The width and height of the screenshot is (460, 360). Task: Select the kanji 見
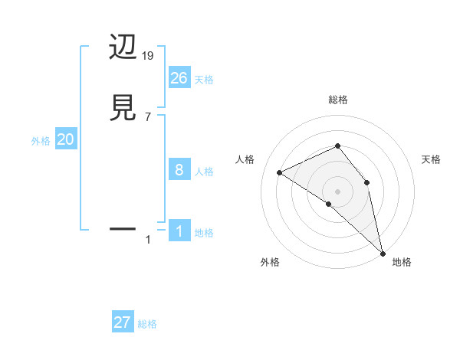click(x=123, y=107)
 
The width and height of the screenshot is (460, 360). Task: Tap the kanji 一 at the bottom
click(x=123, y=228)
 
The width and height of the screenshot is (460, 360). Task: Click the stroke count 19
click(x=149, y=56)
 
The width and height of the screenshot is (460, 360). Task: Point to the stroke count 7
click(x=148, y=116)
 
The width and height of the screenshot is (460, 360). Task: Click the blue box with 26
click(x=179, y=77)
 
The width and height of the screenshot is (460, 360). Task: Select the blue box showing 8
click(x=179, y=169)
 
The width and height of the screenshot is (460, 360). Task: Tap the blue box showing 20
click(x=66, y=139)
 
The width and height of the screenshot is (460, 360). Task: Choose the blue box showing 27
click(x=123, y=322)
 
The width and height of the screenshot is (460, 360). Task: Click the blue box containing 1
click(x=179, y=231)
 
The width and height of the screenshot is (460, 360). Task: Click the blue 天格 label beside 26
click(x=204, y=80)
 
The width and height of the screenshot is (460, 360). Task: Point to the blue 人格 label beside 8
click(x=204, y=172)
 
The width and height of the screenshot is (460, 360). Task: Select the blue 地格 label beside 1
click(x=204, y=233)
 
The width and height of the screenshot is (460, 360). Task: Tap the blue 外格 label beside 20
click(x=41, y=142)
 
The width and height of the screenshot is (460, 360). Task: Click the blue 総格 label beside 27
click(x=147, y=325)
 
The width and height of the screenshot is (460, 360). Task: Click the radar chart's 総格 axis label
click(x=338, y=100)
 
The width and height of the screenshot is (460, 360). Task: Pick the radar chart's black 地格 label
click(x=402, y=262)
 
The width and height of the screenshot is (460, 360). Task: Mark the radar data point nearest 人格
click(x=280, y=172)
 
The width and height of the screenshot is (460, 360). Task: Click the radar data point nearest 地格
click(x=383, y=252)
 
